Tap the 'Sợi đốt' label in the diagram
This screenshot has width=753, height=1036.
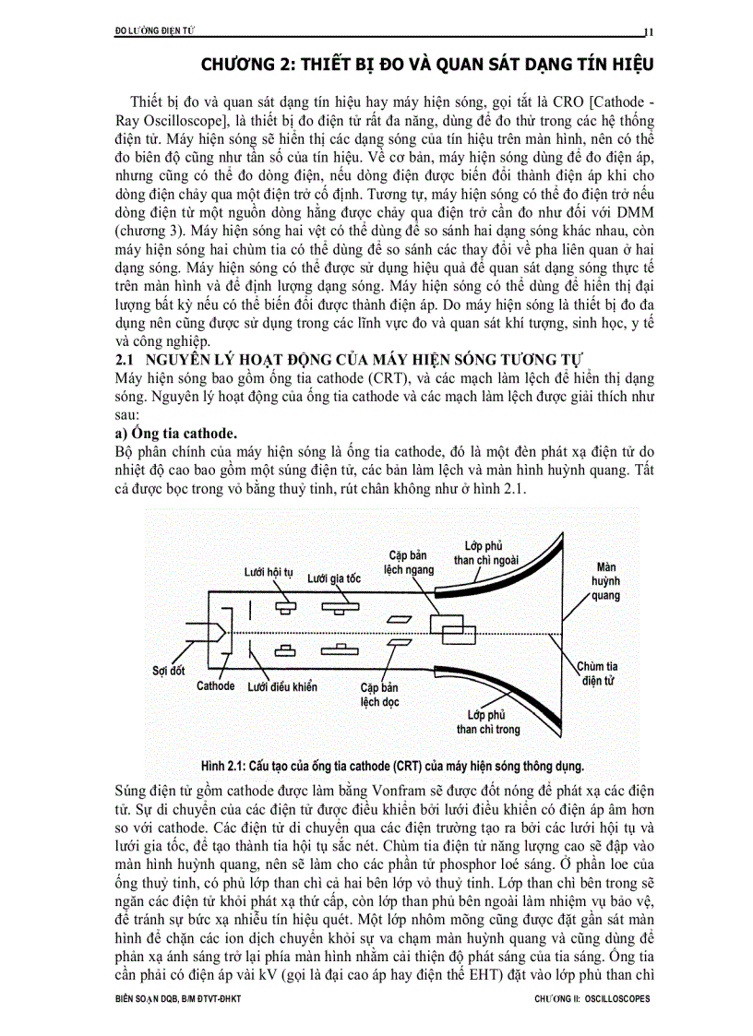168,671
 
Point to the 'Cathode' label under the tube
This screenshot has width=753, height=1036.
216,686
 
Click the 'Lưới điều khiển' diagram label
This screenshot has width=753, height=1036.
282,686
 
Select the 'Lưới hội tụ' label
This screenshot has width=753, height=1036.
269,572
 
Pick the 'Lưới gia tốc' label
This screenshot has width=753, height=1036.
334,578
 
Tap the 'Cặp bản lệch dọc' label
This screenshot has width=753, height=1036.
379,695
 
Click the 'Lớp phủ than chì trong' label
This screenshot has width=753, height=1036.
488,721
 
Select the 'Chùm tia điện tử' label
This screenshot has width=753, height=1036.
599,673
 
